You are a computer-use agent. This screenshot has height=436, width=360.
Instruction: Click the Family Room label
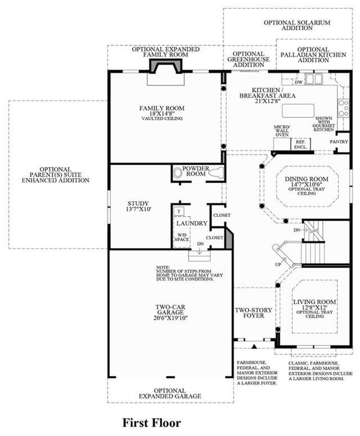click(x=162, y=108)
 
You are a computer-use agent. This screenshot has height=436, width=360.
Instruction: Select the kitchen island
click(x=298, y=111)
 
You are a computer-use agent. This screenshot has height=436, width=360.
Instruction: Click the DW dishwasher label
click(x=299, y=82)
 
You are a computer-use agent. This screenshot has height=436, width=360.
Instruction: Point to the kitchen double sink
click(x=314, y=79)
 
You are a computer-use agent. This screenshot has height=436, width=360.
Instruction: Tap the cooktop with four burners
click(x=344, y=108)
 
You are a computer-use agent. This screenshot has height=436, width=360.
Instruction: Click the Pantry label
click(x=339, y=142)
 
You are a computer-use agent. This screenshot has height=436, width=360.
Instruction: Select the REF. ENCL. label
click(x=301, y=144)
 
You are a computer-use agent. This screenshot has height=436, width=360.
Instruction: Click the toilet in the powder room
click(x=217, y=172)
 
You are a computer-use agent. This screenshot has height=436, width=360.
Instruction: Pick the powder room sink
click(x=177, y=172)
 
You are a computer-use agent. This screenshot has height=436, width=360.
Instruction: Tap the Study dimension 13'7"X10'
click(x=138, y=209)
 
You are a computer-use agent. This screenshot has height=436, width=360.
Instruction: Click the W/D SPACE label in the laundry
click(x=182, y=237)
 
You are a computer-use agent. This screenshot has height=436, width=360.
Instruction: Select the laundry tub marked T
click(x=179, y=211)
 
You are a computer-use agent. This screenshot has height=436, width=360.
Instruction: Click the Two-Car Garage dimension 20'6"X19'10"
click(x=170, y=318)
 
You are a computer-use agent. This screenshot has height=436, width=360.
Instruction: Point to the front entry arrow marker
click(x=254, y=347)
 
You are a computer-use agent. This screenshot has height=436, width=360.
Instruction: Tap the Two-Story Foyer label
click(x=253, y=313)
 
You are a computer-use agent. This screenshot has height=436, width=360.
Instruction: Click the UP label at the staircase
click(x=278, y=265)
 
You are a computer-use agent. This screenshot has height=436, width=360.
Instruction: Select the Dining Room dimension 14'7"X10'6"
click(x=307, y=184)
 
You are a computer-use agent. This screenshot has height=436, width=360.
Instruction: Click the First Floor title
click(x=152, y=423)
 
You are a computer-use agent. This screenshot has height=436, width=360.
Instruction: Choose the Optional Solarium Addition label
click(x=297, y=25)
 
